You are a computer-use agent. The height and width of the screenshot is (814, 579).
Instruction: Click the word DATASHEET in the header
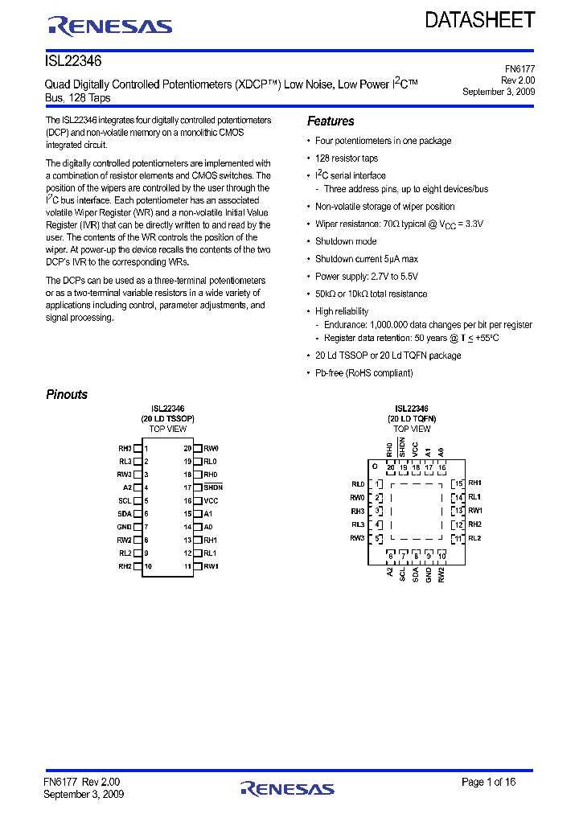479,20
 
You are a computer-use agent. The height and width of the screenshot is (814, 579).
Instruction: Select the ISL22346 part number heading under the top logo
73,61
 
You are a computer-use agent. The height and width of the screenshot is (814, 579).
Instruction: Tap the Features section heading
331,121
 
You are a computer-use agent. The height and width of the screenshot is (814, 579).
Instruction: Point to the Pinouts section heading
67,394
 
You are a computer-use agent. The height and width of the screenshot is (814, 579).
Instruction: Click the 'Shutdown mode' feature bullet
345,241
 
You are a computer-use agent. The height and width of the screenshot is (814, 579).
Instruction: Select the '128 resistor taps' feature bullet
346,158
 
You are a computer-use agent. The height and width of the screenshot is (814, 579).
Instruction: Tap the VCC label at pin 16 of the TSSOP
211,500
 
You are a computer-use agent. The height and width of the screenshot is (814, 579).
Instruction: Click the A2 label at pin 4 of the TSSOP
127,487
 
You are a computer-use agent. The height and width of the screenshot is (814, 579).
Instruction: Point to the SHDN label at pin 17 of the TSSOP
212,487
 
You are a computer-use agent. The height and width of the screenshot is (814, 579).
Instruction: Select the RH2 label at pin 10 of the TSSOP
125,566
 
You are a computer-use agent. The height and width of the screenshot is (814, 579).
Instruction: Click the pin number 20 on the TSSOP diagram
187,448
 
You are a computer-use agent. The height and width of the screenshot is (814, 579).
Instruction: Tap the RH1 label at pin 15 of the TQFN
474,483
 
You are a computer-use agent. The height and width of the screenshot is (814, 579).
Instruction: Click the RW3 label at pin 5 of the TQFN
357,538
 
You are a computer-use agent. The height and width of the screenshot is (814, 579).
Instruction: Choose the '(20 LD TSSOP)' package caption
167,419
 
